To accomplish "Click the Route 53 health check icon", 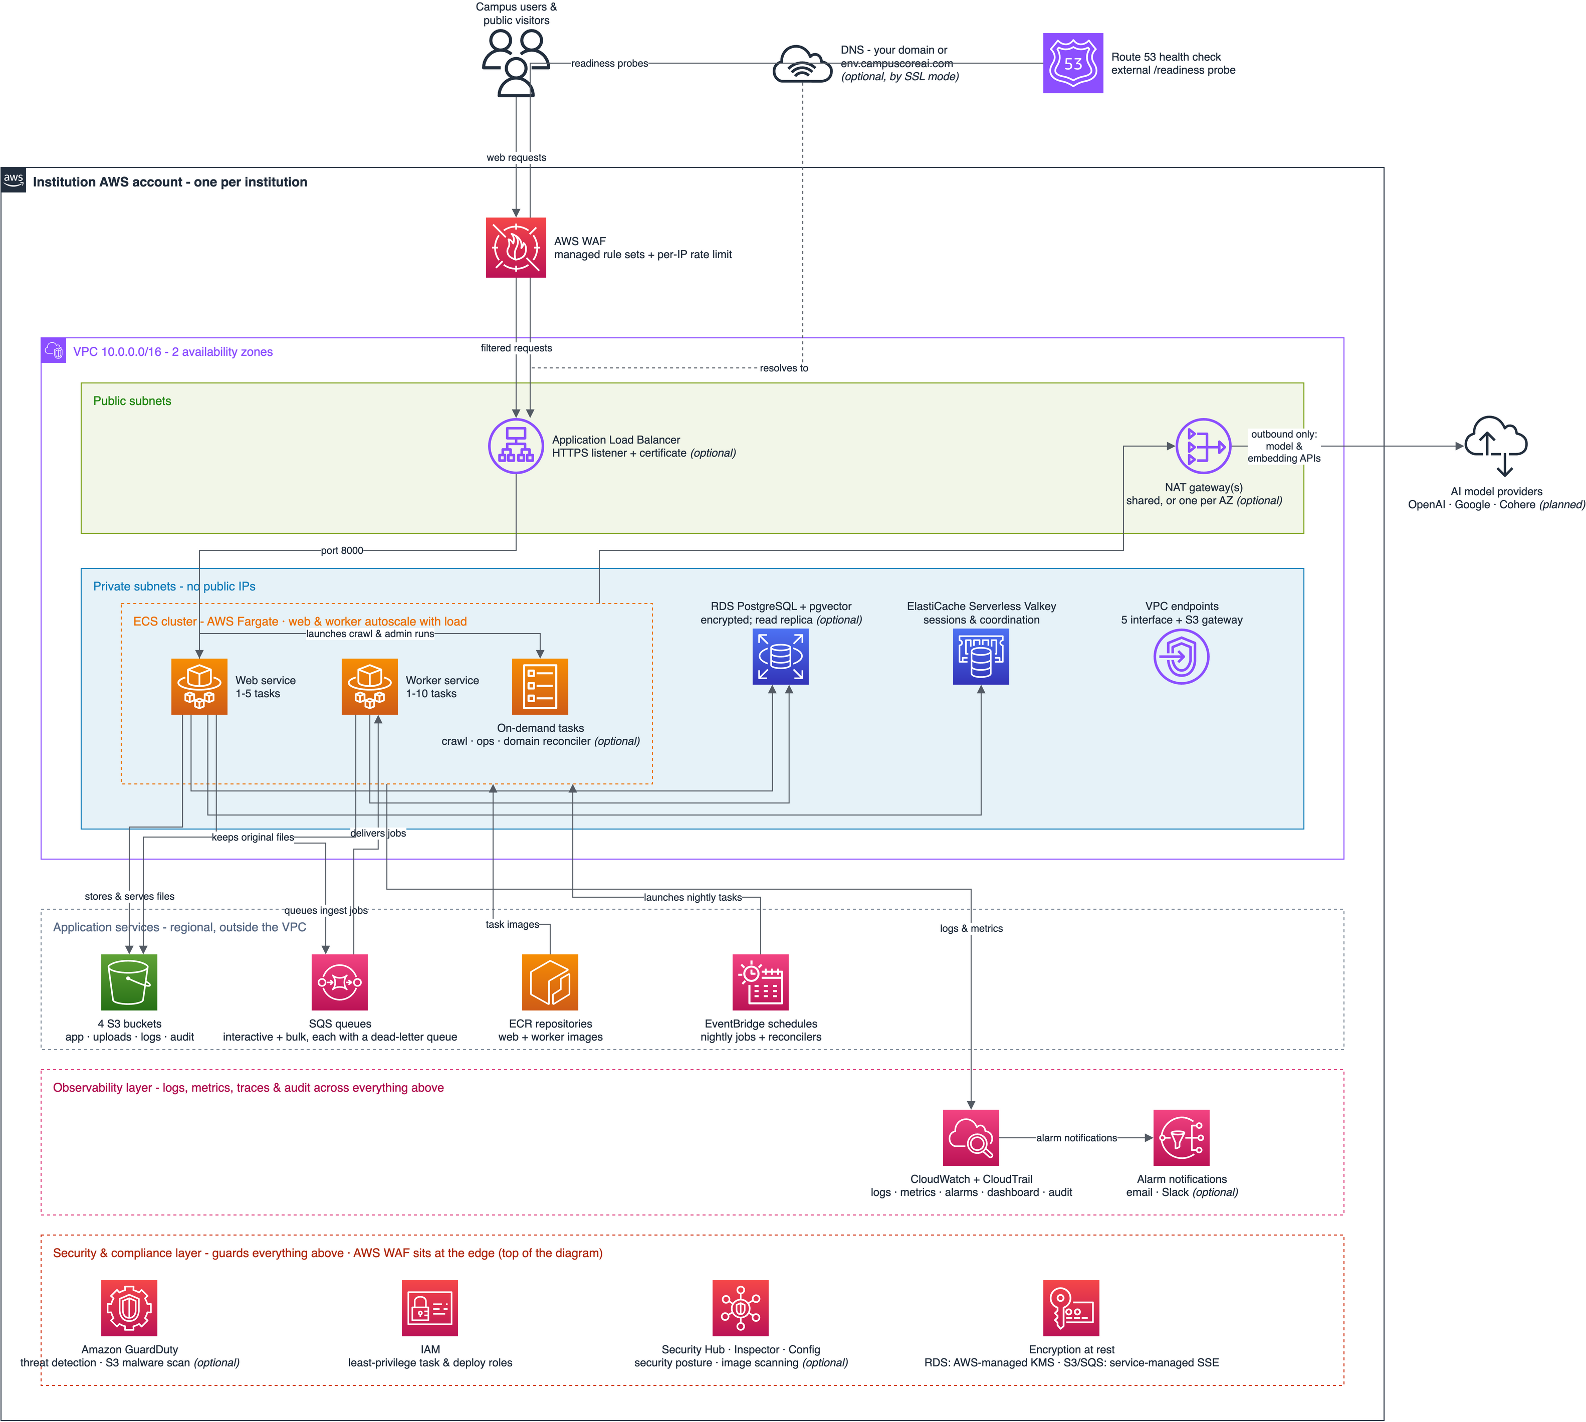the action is coord(1073,63).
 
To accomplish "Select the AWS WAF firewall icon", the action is coord(516,248).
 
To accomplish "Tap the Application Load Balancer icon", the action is coord(516,446).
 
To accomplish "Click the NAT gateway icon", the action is coord(1203,446).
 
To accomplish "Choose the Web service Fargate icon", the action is coord(199,687).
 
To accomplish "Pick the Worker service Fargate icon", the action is coord(369,687).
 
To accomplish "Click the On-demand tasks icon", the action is coord(540,687).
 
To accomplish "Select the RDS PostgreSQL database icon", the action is coord(781,657).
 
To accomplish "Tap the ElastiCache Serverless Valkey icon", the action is coord(981,657).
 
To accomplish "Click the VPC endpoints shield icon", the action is coord(1181,657).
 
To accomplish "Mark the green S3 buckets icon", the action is coord(129,982).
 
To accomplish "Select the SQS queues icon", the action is coord(340,982).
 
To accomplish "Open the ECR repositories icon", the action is coord(550,982).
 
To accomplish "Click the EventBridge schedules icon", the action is coord(760,982).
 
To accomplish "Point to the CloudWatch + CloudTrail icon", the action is coord(971,1138).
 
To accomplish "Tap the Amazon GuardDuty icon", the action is coord(129,1308).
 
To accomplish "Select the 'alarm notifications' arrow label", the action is coord(1076,1138).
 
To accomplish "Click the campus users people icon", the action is coord(516,63).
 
